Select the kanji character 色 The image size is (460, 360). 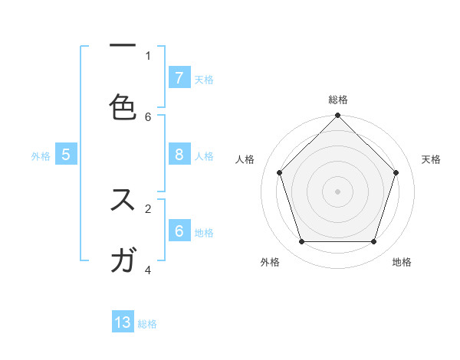point(123,106)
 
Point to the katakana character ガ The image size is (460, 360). point(123,260)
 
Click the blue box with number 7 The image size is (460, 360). point(179,77)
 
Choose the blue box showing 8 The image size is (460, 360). point(179,155)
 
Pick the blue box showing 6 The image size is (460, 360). point(179,231)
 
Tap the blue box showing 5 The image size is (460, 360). point(66,155)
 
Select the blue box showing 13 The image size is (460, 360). point(123,322)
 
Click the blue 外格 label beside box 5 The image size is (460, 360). point(41,156)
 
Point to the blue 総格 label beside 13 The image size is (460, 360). point(147,324)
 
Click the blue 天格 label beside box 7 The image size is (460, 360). point(204,79)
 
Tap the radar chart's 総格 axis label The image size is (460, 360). point(337,100)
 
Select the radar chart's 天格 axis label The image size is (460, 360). point(431,159)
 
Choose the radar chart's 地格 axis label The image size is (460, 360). point(402,262)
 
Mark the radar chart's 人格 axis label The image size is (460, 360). point(245,159)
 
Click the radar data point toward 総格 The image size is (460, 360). point(337,116)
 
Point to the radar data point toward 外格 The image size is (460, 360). point(301,242)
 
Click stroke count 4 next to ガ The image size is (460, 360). point(148,269)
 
